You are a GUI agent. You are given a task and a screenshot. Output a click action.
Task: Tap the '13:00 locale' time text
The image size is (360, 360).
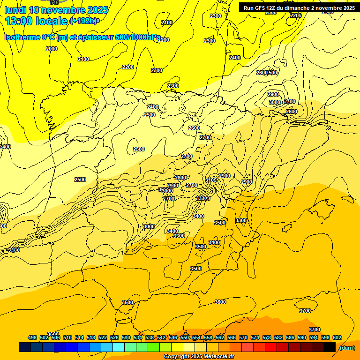[37, 21]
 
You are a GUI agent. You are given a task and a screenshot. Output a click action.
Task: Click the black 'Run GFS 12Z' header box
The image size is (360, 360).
[299, 7]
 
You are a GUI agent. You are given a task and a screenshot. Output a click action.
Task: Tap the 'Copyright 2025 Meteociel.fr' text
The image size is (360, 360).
[199, 357]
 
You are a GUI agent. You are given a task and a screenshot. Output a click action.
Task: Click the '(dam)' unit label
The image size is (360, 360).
[347, 347]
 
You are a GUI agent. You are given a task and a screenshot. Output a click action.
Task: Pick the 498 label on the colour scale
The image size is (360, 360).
[32, 337]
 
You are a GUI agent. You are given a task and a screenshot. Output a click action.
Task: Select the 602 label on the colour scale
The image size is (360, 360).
[337, 337]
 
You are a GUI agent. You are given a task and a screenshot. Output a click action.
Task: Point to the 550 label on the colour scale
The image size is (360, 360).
[185, 337]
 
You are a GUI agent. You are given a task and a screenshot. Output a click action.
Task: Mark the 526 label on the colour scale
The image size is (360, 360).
[114, 337]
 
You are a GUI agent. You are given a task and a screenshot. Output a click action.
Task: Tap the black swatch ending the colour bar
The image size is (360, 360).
[330, 347]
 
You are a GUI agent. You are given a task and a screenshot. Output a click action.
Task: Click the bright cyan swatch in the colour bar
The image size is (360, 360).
[119, 347]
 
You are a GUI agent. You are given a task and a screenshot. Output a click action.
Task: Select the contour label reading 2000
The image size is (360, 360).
[52, 49]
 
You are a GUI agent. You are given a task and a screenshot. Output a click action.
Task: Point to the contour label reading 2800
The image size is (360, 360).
[180, 178]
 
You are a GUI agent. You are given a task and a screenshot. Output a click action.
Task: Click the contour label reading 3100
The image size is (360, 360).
[211, 180]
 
